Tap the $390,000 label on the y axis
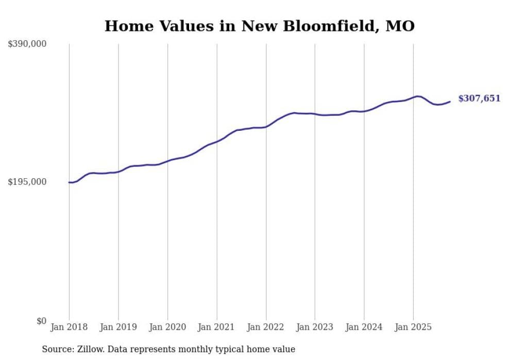tap(27, 44)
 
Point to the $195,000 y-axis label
tap(27, 182)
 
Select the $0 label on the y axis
tap(41, 321)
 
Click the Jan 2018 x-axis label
tap(69, 327)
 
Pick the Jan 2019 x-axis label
tap(118, 327)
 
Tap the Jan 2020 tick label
tap(167, 327)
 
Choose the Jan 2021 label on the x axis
tap(216, 327)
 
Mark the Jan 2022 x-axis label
tap(266, 327)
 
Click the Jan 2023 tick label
tap(315, 327)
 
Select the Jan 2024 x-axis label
tap(364, 327)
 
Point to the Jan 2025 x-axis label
tap(413, 327)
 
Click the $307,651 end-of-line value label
tap(479, 98)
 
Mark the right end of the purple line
tap(450, 101)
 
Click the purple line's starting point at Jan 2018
tap(69, 182)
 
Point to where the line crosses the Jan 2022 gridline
tap(266, 126)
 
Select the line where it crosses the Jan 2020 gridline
tap(167, 161)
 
